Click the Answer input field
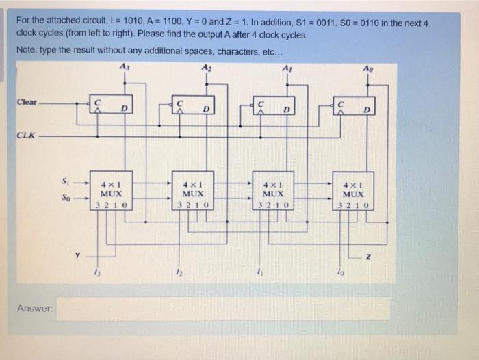[x=223, y=308]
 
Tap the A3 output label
[x=123, y=66]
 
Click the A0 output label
[x=370, y=66]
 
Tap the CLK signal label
[x=26, y=135]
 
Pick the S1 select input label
[x=66, y=181]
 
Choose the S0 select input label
[x=66, y=196]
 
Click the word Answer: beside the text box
[x=35, y=309]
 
